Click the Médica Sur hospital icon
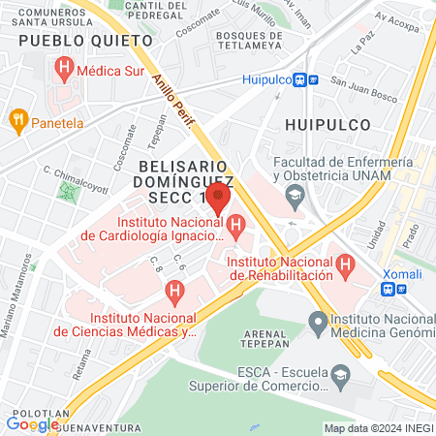(x=65, y=68)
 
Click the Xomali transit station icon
(x=389, y=288)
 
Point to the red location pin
(x=218, y=201)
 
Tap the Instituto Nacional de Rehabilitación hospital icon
(x=343, y=262)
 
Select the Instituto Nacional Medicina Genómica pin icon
(x=316, y=321)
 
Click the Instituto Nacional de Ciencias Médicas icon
(x=174, y=290)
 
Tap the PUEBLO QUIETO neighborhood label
(x=85, y=41)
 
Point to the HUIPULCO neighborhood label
(x=327, y=124)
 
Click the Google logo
(x=32, y=423)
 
